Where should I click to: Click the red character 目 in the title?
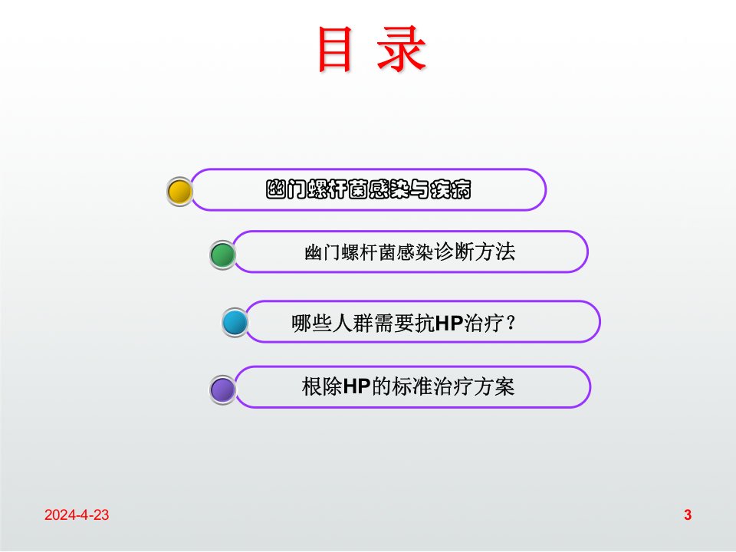click(335, 49)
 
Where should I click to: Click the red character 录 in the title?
click(402, 49)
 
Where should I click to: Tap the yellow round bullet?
click(179, 192)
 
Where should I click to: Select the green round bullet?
click(222, 255)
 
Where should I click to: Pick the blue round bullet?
click(235, 323)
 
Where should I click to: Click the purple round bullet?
click(222, 389)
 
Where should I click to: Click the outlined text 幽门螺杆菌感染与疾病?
click(369, 189)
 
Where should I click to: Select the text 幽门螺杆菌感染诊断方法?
click(409, 252)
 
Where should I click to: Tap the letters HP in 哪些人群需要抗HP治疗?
click(449, 324)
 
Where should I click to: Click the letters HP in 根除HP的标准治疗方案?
click(356, 386)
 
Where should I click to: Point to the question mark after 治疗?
click(511, 324)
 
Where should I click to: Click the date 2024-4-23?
click(77, 515)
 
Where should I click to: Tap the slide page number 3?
click(688, 515)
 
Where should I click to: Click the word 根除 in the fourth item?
click(323, 386)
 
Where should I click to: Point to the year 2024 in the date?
click(60, 515)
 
